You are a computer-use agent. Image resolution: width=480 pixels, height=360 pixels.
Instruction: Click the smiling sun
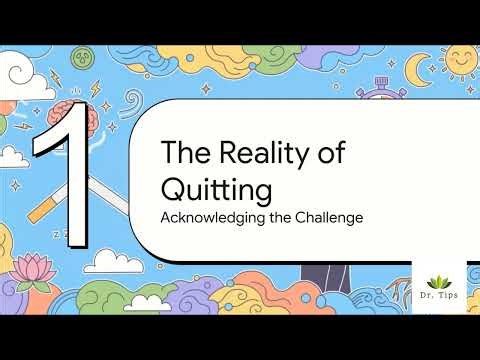click(x=458, y=58)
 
